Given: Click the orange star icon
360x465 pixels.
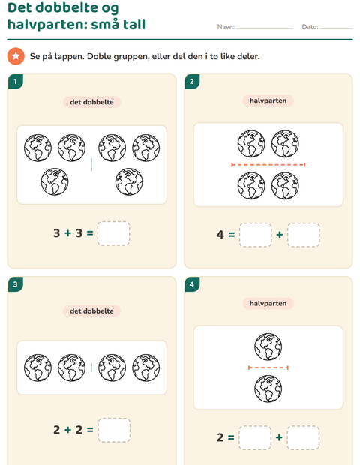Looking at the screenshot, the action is tap(16, 56).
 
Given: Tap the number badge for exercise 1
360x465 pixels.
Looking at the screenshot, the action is tap(16, 82).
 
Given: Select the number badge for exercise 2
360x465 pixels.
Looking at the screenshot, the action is tap(192, 82).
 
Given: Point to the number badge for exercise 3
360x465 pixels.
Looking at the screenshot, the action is tap(16, 284).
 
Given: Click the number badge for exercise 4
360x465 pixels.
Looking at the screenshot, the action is tap(192, 284).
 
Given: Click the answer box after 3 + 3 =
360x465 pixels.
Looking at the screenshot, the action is tap(113, 233).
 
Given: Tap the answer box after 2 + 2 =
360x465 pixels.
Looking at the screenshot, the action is tap(114, 430).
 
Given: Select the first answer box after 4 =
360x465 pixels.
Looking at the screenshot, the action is tap(255, 235).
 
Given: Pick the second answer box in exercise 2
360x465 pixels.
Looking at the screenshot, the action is tap(303, 235).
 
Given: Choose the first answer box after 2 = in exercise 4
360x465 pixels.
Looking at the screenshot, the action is tap(255, 438).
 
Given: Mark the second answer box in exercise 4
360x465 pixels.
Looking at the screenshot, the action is tap(303, 438).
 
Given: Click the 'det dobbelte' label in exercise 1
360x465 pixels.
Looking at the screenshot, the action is tap(91, 102).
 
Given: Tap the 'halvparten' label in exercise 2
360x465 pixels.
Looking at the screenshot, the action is tap(268, 100).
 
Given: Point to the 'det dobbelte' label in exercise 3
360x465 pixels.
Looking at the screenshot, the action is tap(91, 311).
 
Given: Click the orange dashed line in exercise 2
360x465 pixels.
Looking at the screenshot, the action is tap(268, 164).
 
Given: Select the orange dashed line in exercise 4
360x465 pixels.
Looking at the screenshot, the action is tap(268, 367).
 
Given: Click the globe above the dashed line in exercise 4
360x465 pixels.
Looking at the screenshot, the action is tap(268, 346).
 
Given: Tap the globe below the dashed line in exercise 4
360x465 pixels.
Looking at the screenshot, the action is tap(268, 388).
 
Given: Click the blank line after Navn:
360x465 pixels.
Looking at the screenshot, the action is tap(265, 28).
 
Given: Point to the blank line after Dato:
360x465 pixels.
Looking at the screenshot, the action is tap(336, 28).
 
